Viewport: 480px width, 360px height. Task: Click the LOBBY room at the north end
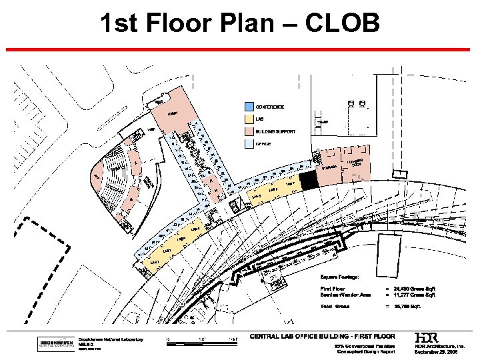pos(173,114)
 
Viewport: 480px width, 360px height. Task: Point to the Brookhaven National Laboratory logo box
pos(56,344)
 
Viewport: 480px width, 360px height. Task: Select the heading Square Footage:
pos(340,276)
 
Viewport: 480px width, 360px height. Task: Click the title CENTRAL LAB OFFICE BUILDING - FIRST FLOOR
pos(322,336)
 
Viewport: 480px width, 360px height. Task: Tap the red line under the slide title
pos(240,50)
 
